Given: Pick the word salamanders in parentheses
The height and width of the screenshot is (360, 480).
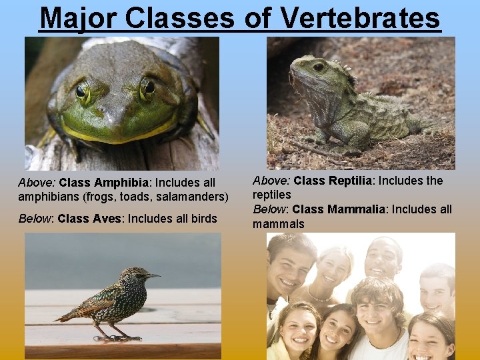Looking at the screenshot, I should point(195,197).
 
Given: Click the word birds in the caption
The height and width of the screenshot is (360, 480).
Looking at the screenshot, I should point(204,219).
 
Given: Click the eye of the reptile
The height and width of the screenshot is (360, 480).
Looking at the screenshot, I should point(319,67).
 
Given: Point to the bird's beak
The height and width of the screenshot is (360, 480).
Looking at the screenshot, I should point(154,275).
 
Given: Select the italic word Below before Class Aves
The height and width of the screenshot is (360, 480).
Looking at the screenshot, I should point(36,219).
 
